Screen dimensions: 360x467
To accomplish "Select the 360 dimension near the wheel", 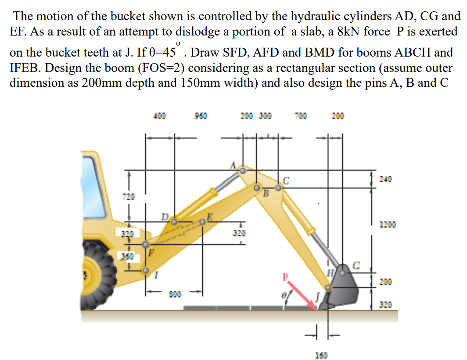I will [127, 256].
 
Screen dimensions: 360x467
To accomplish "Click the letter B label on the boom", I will [265, 193].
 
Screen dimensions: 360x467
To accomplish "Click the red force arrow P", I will [302, 296].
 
